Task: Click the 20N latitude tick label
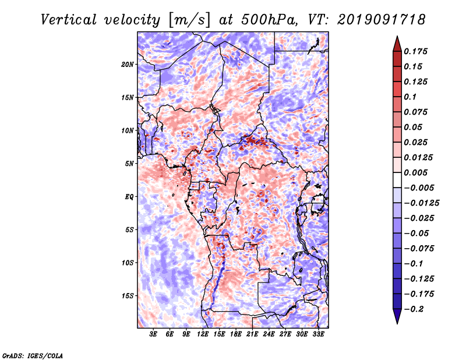coord(128,65)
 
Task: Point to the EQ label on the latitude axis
coord(129,197)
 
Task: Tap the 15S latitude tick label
coord(128,296)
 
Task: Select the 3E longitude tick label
coord(153,334)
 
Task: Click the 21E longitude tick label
coord(252,334)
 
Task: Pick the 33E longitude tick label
coord(318,334)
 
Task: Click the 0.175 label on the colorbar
coord(415,51)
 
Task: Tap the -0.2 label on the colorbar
coord(414,309)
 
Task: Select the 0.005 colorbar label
coord(415,172)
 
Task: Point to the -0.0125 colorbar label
coord(421,203)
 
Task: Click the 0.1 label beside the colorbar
coord(410,97)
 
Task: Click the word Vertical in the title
coord(69,20)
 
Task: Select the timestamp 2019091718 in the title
coord(382,20)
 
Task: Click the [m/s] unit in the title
coord(189,20)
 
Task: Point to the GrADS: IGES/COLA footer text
coord(33,356)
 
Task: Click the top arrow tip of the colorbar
coord(397,36)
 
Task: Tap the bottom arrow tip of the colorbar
coord(397,324)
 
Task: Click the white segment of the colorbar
coord(397,180)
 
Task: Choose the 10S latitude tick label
coord(128,263)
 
